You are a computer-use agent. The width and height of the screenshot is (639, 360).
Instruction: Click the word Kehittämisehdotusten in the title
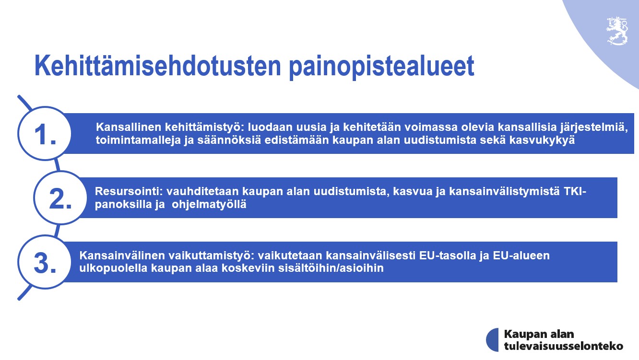(158, 66)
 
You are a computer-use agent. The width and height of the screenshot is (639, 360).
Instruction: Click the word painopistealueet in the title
(382, 67)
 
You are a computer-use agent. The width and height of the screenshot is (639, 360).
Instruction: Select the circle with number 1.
(45, 133)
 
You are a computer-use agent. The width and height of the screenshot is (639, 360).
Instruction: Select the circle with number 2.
(60, 197)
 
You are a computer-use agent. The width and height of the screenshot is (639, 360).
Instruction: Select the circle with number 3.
(45, 262)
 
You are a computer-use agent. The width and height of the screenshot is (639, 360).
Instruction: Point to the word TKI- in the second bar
(575, 191)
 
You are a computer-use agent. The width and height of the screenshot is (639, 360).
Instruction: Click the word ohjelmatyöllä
(209, 205)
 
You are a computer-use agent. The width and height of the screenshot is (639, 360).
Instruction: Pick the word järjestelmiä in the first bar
(594, 128)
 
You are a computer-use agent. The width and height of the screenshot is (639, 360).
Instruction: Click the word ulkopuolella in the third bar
(113, 268)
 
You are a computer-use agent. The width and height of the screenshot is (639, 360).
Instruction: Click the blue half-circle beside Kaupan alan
(492, 339)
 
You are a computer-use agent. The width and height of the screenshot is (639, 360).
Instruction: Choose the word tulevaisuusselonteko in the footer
(563, 346)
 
